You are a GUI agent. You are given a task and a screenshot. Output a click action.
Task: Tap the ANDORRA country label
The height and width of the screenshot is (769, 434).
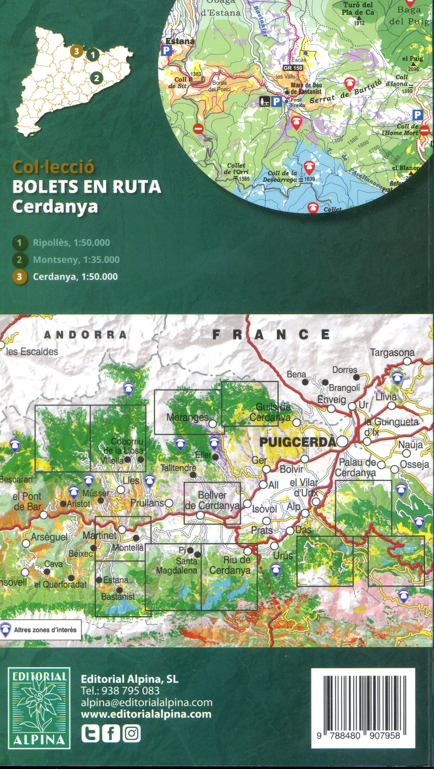pos(86,335)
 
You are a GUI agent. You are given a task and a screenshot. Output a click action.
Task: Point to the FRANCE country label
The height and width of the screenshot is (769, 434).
pos(271,335)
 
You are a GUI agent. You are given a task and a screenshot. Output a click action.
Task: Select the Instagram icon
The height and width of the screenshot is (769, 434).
pos(132,733)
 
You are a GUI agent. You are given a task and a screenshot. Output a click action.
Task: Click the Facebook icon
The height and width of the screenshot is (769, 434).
pos(111,733)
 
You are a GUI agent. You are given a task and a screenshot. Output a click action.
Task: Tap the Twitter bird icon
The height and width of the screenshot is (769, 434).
pos(90,733)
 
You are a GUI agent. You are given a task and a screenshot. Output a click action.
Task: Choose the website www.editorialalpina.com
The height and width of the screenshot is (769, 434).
pos(146,714)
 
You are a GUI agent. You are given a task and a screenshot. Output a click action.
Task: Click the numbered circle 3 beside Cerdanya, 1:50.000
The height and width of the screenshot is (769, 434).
pos(19,277)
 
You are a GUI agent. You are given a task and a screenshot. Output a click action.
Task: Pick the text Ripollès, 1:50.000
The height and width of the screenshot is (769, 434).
pos(71,243)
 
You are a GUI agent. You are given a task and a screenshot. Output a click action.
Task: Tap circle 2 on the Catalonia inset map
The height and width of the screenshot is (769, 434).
pos(97,78)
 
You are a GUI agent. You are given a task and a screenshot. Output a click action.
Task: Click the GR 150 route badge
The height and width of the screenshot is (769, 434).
pos(293,68)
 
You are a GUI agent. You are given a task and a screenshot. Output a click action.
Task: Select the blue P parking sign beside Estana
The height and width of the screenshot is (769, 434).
pos(167,50)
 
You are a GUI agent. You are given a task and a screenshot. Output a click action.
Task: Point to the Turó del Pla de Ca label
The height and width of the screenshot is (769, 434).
pos(358,9)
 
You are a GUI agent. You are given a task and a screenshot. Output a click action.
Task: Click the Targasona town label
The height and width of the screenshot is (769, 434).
pos(392,353)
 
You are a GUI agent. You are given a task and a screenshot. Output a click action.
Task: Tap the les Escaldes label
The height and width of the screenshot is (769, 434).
pos(32,352)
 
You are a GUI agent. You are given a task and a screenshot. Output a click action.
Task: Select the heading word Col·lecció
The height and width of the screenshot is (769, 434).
pos(53,167)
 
